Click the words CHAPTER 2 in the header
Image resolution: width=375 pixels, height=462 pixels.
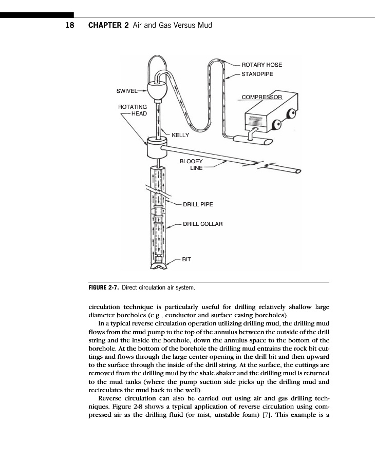(108, 25)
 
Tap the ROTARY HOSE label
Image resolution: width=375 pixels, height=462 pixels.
(261, 65)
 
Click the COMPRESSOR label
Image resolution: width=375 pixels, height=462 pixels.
(262, 97)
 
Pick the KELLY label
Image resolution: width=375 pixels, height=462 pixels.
(180, 135)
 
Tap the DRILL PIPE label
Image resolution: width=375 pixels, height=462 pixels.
(198, 204)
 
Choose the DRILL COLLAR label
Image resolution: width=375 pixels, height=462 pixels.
(202, 224)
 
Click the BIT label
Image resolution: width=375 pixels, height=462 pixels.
(186, 259)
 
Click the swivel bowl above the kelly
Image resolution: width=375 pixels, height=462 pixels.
(158, 91)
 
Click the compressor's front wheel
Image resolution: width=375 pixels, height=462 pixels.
(277, 125)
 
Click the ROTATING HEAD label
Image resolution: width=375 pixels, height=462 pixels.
(133, 110)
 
